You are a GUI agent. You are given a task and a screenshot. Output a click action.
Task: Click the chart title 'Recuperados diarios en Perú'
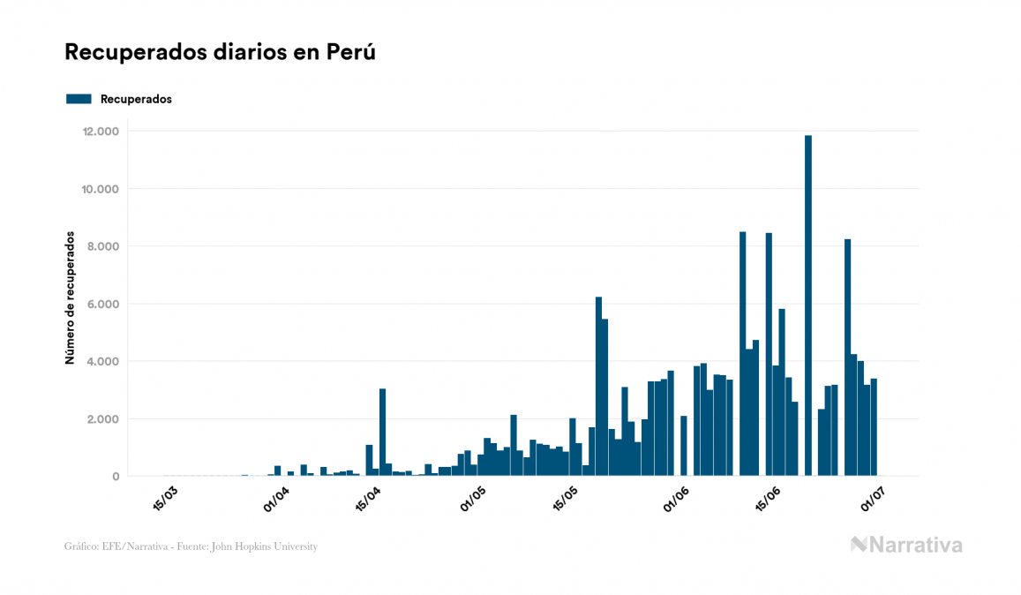(221, 52)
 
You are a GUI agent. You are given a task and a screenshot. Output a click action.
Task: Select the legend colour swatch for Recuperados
(79, 99)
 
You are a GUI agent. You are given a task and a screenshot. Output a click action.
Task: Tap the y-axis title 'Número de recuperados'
(69, 299)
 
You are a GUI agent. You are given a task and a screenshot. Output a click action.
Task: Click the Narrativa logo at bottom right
(906, 545)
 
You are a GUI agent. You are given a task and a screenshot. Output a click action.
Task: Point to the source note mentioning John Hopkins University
(191, 546)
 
